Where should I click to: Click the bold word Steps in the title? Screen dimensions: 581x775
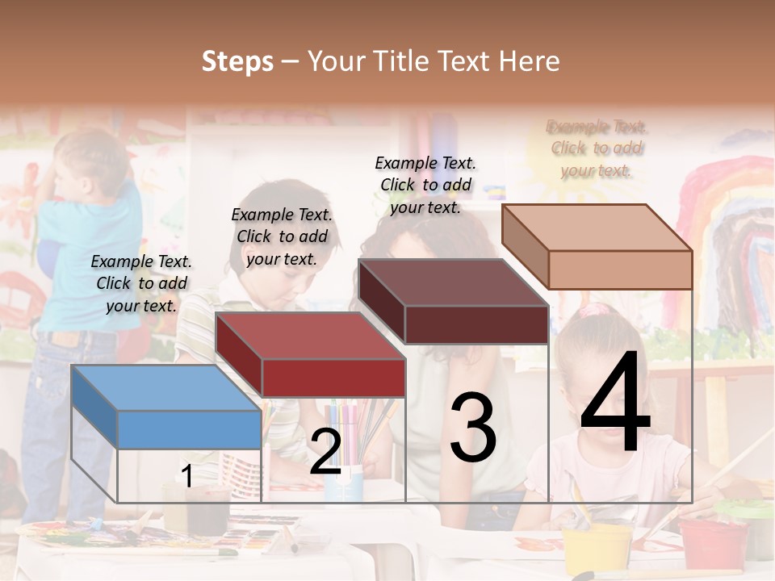(237, 61)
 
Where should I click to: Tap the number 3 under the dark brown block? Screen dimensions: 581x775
(472, 428)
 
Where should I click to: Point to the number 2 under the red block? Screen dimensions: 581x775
(325, 452)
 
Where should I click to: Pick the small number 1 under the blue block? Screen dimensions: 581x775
(187, 476)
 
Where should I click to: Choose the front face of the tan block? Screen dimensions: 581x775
(620, 270)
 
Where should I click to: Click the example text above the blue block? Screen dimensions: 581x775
(141, 283)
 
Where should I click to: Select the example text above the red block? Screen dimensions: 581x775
(282, 236)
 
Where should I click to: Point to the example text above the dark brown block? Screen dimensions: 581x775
(425, 185)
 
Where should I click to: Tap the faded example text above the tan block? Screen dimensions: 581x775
(597, 148)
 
